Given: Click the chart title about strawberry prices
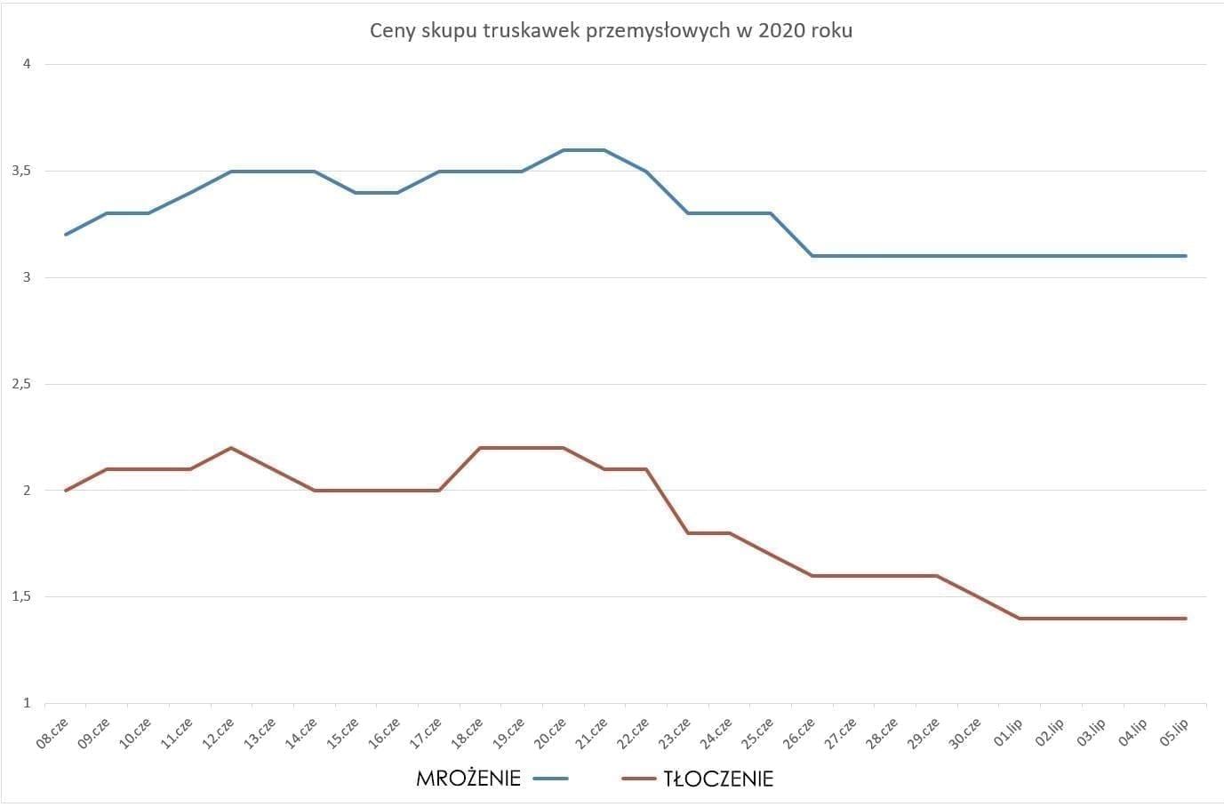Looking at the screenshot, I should click(612, 31).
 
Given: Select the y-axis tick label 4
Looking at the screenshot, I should click(27, 64).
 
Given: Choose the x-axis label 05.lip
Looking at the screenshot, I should click(1175, 734).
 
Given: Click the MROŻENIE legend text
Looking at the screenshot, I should click(468, 779).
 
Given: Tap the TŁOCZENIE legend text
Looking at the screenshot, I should click(718, 779).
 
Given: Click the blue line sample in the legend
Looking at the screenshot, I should click(550, 779).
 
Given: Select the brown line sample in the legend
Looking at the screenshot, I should click(639, 779).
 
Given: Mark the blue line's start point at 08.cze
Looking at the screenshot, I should click(66, 235).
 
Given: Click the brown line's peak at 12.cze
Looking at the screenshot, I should click(231, 448).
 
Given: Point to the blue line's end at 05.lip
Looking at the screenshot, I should click(1186, 256).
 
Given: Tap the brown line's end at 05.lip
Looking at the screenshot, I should click(1186, 619).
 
